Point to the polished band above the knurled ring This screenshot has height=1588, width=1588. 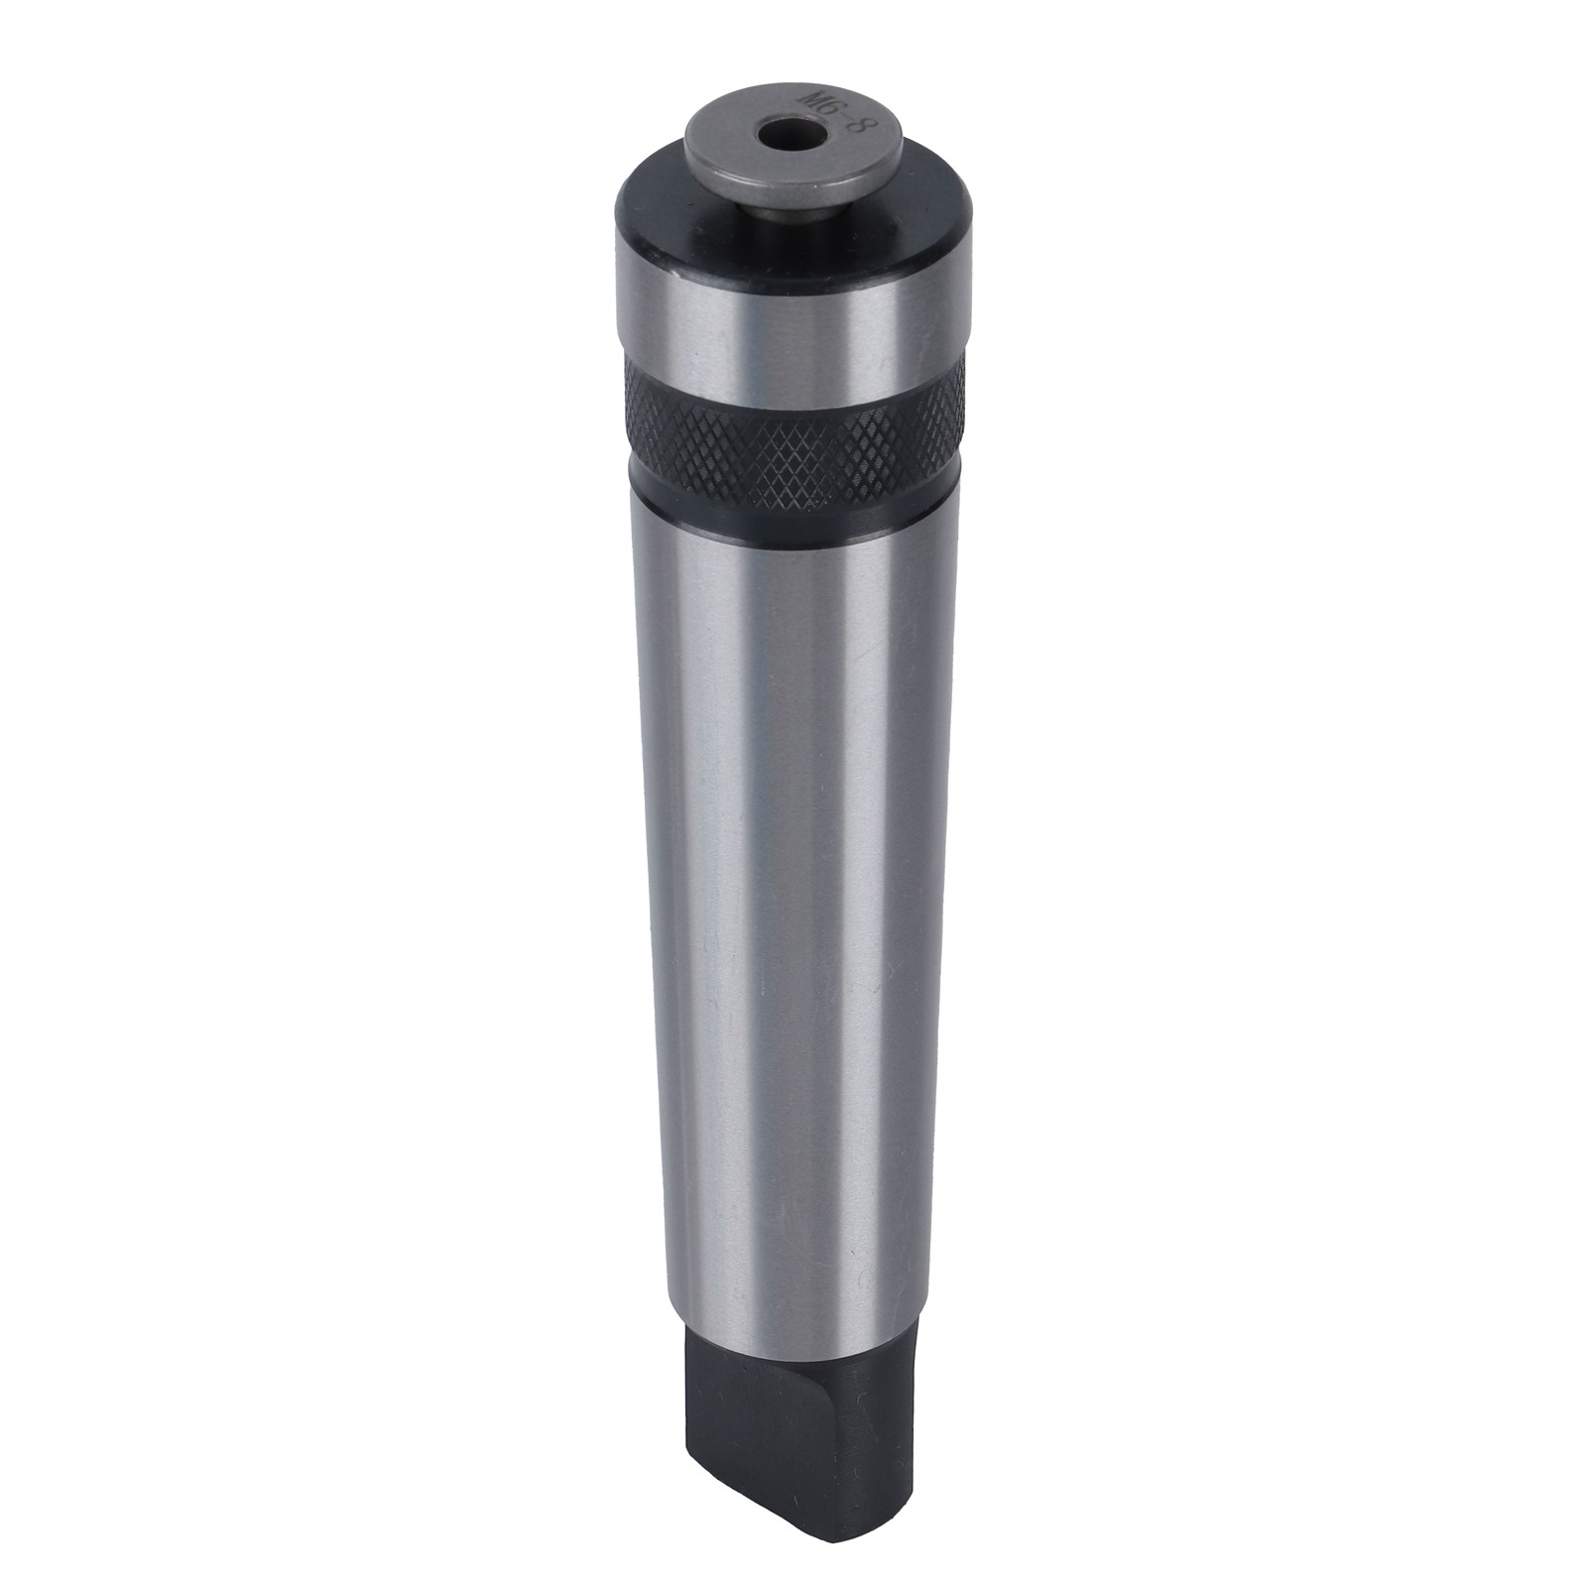(794, 327)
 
